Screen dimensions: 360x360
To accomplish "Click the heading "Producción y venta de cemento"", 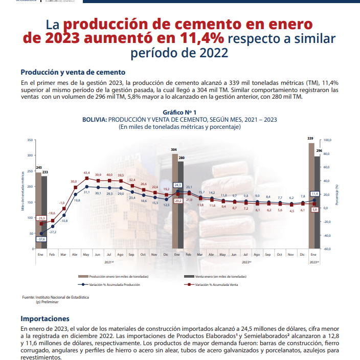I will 73,72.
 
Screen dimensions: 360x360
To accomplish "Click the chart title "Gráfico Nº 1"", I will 179,112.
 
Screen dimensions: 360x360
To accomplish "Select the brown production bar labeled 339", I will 311,194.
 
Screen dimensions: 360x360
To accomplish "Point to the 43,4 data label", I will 86,172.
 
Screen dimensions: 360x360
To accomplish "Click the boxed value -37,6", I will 40,239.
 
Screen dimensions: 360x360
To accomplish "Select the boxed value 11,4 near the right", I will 314,194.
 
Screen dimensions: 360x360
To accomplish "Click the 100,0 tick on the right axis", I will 327,140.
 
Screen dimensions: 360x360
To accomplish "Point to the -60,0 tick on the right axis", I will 327,249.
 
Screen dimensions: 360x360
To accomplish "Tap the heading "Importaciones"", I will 44,318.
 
